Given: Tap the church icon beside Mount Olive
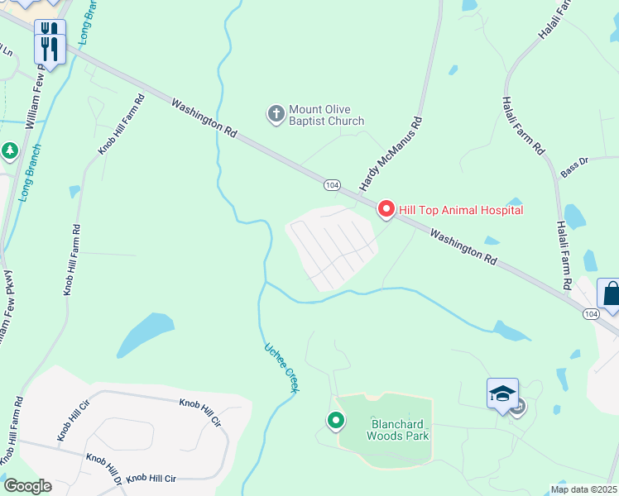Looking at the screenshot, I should coord(276,113).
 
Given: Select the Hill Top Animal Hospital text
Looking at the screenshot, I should coord(461,210).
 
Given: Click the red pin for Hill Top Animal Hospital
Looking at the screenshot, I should coord(386,209).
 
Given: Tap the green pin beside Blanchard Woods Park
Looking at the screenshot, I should coord(336,421).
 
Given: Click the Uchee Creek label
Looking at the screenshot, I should coord(281,369).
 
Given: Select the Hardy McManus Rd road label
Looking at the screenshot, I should coord(391,152).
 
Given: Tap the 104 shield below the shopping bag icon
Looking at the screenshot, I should coord(591,314).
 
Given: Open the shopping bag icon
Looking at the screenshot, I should coord(612,294).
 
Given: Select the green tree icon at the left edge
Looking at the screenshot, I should coord(9,151).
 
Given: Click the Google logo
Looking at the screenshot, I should coord(27,486).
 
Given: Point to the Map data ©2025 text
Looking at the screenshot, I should coord(583,489).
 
